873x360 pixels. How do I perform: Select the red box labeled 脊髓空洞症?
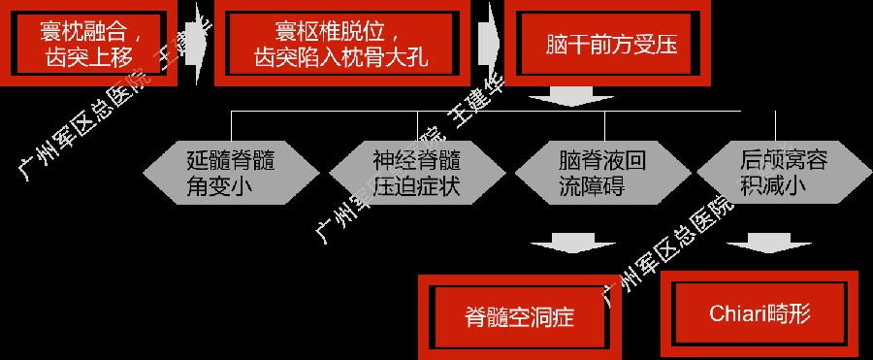click(x=519, y=316)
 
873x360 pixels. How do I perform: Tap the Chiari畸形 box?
click(x=760, y=314)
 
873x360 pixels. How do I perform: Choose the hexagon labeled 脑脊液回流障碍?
click(x=602, y=173)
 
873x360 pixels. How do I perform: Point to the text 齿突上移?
click(x=89, y=58)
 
